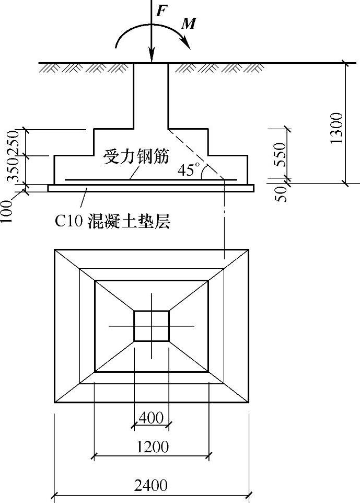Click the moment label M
pyautogui.click(x=188, y=24)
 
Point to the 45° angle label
pyautogui.click(x=189, y=170)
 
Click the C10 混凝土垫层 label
pyautogui.click(x=113, y=222)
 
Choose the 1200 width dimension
pyautogui.click(x=152, y=447)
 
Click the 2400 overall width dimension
pyautogui.click(x=151, y=485)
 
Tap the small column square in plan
pyautogui.click(x=151, y=326)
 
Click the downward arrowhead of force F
pyautogui.click(x=151, y=56)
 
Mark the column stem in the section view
pyautogui.click(x=151, y=94)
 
